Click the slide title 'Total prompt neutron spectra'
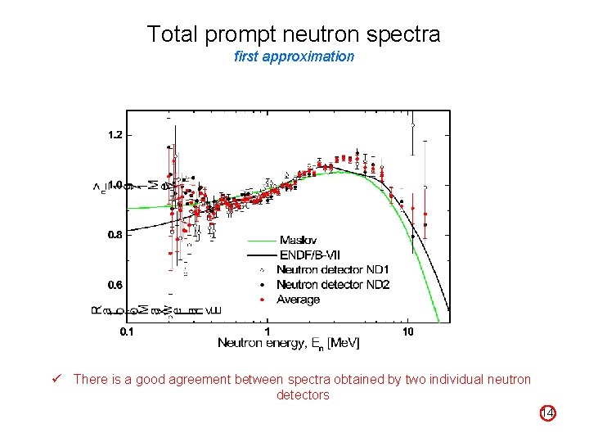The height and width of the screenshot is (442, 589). (294, 34)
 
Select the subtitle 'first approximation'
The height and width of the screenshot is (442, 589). (294, 56)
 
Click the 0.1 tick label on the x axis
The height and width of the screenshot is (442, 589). (128, 331)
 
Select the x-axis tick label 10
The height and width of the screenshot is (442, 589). (407, 331)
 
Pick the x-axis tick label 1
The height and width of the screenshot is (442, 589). (268, 331)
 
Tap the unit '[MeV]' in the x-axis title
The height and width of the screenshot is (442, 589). (343, 342)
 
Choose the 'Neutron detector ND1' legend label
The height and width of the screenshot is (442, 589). (332, 269)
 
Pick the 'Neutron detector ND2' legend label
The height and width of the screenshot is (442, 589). (332, 284)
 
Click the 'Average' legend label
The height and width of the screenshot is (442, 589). (298, 300)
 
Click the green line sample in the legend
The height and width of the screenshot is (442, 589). (261, 240)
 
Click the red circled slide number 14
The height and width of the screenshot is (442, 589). (548, 414)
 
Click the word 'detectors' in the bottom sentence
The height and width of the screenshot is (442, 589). (303, 395)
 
